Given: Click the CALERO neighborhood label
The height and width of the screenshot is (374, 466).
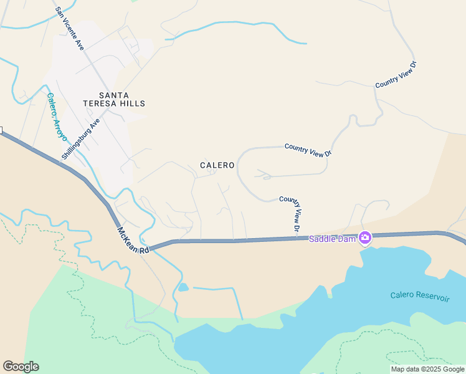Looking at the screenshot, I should click(217, 165).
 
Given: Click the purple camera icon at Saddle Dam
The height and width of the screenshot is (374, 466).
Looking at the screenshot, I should click(364, 237).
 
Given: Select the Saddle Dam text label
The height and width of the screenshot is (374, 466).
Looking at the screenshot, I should click(332, 239).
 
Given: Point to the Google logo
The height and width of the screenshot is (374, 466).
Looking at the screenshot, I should click(21, 367).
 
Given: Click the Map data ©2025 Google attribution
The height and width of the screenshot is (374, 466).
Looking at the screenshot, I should click(427, 369).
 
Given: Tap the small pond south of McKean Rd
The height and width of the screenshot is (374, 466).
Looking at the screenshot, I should click(183, 287).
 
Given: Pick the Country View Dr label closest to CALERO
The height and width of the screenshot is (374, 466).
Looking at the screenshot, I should click(308, 150).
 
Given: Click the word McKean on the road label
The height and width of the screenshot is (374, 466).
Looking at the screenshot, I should click(128, 236).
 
